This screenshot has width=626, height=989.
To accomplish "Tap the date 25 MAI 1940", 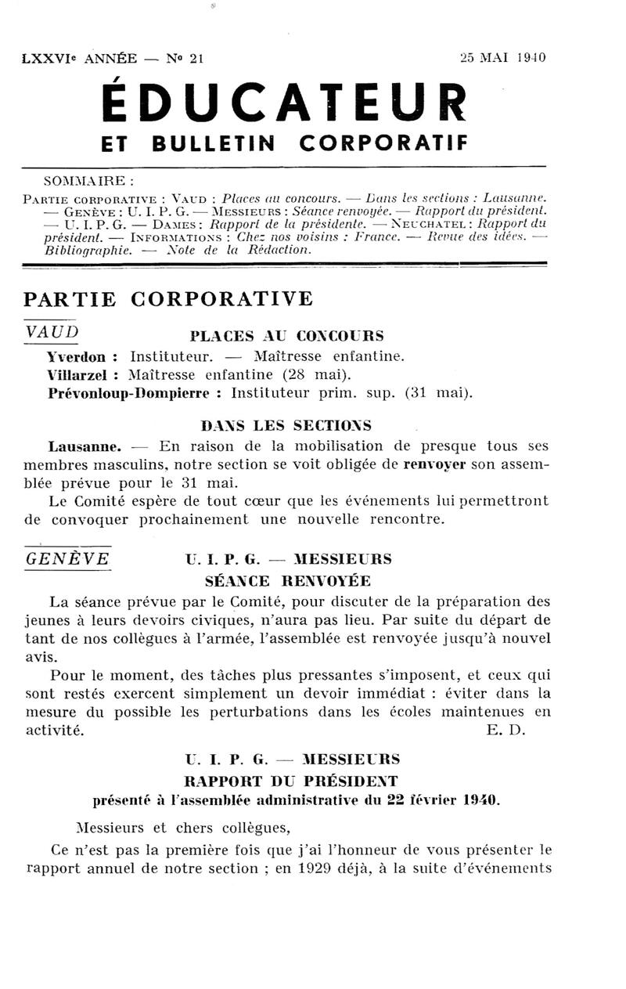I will (502, 58).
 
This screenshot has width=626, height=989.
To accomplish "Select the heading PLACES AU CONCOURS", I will (287, 337).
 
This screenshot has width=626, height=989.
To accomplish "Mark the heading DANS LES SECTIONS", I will (286, 426).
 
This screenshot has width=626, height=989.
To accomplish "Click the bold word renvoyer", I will (435, 464).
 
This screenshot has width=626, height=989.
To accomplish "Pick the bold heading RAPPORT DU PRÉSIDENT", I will (290, 781).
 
